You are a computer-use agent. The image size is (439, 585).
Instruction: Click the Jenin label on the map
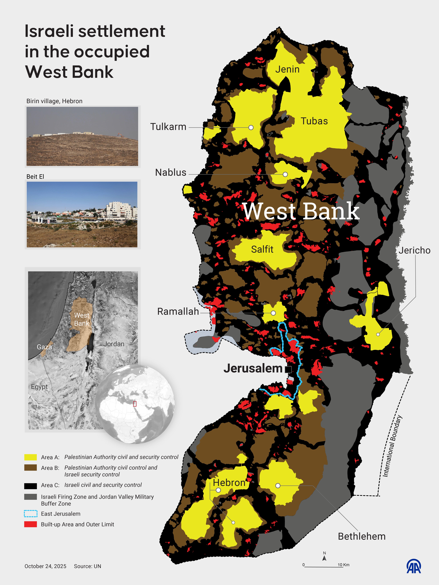(287, 69)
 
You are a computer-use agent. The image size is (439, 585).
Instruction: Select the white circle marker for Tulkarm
(251, 127)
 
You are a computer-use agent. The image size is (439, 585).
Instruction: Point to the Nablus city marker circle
(285, 174)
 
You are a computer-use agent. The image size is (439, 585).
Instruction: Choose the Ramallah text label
(178, 312)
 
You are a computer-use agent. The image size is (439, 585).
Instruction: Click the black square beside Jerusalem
(288, 369)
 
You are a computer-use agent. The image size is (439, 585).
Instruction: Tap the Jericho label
(414, 250)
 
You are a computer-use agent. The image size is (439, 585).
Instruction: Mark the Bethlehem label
(361, 536)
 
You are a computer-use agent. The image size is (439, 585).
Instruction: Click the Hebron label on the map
(229, 483)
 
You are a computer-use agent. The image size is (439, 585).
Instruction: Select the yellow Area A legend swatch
(30, 457)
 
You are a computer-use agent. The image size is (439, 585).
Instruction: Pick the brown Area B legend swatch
(30, 468)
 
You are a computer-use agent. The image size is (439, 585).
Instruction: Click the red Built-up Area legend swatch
(30, 524)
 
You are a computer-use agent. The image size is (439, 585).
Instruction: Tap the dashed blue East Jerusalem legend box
(30, 514)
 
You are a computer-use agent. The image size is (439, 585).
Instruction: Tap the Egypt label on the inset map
(39, 387)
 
